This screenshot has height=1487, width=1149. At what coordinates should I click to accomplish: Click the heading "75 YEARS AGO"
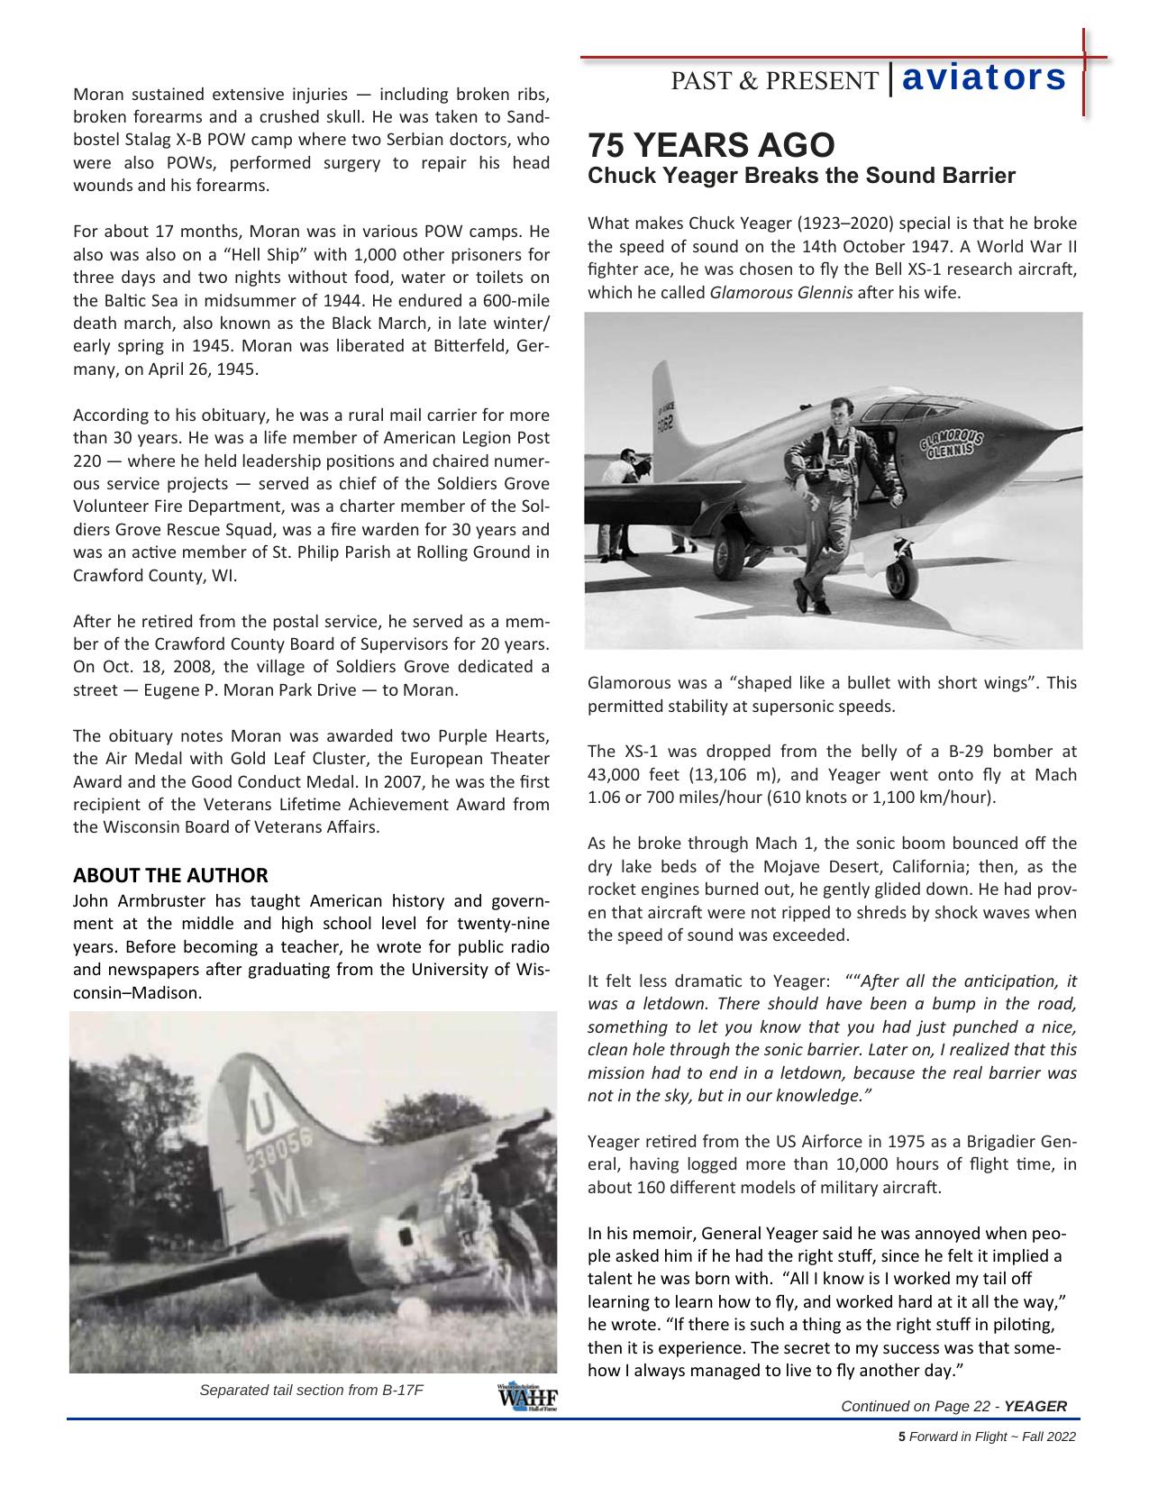(x=711, y=145)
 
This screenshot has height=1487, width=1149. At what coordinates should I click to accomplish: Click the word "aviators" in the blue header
(x=983, y=78)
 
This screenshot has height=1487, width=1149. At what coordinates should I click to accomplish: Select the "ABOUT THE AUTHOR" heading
(x=170, y=875)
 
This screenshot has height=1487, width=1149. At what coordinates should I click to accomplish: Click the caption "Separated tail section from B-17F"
(x=311, y=1389)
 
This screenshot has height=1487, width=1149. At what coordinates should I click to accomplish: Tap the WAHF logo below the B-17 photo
(x=526, y=1396)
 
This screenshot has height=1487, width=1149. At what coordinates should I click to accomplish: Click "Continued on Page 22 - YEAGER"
(x=953, y=1406)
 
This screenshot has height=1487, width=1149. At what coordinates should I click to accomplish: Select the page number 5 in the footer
(x=901, y=1437)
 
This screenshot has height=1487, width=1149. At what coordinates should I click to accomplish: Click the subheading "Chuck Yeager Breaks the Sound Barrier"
(x=801, y=176)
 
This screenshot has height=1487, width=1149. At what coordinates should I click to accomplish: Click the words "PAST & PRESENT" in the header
(x=773, y=81)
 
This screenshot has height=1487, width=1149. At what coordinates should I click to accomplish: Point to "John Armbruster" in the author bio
(x=123, y=901)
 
